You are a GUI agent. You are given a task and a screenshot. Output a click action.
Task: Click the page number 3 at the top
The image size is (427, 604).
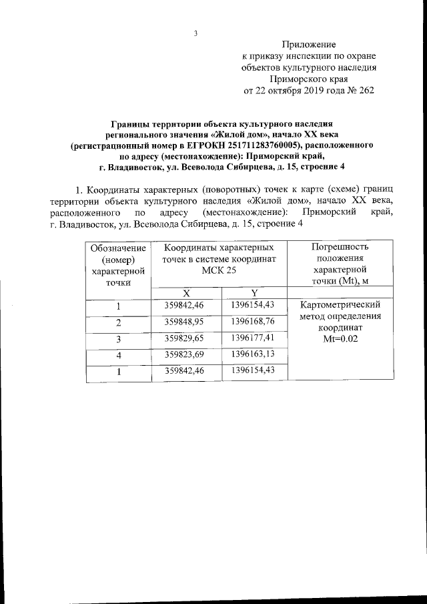(x=195, y=33)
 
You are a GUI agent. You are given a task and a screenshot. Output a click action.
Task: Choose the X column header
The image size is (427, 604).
(x=187, y=293)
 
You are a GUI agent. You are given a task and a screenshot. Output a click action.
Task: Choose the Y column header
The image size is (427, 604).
(x=254, y=293)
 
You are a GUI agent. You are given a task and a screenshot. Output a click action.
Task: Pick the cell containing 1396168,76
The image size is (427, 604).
(x=254, y=322)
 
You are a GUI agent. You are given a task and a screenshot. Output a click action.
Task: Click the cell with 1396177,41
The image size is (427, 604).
(x=254, y=338)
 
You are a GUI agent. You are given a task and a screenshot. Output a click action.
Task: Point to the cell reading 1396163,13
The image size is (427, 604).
(x=254, y=354)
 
